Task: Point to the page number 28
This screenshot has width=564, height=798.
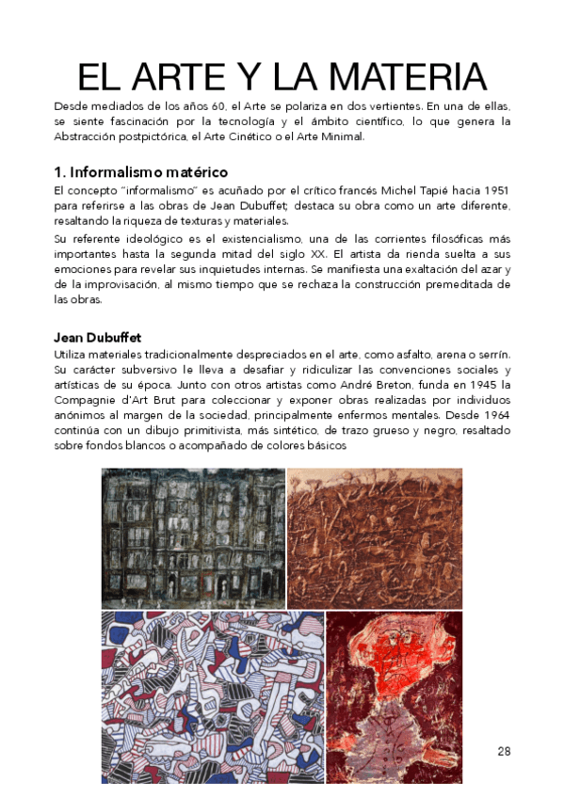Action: pyautogui.click(x=504, y=750)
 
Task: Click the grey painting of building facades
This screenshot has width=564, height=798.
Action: pyautogui.click(x=192, y=537)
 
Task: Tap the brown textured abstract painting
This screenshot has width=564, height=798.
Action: pyautogui.click(x=374, y=537)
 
